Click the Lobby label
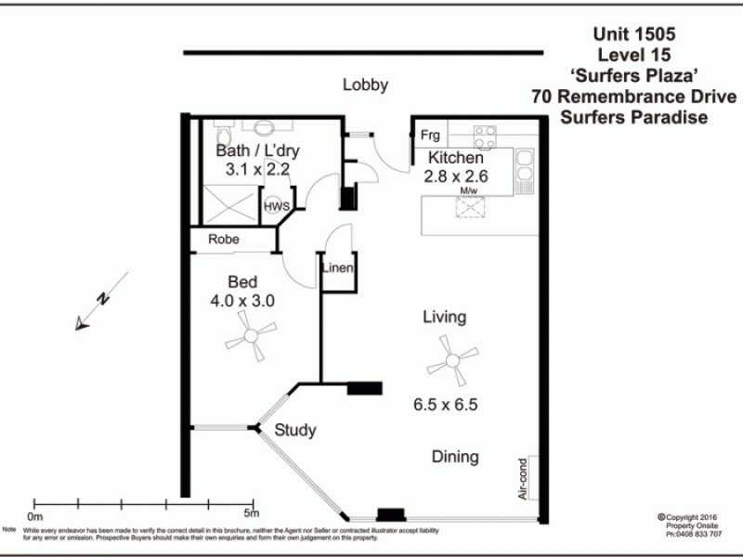pos(365,85)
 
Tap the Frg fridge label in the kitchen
pos(430,135)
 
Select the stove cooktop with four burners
pos(485,137)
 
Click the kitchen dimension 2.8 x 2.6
pos(456,176)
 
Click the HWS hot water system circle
pos(276,206)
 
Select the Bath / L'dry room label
pos(258,150)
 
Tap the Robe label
pos(223,239)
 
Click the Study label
pos(295,431)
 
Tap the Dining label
pos(454,457)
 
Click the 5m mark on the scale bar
pos(251,513)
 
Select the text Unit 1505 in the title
pos(633,33)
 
